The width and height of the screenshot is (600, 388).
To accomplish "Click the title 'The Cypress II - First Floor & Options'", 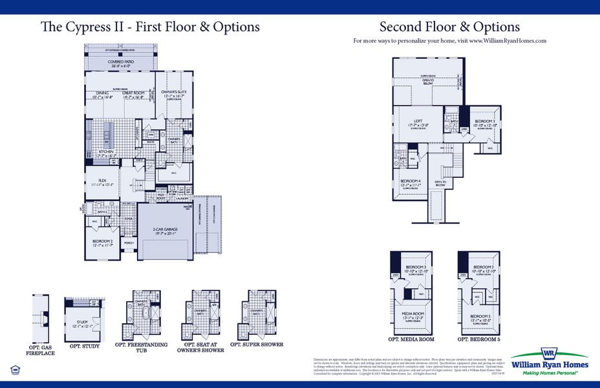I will (x=150, y=27).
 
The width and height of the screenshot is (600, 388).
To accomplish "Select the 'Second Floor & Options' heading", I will (x=449, y=27).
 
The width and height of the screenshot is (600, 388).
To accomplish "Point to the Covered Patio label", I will (x=119, y=63).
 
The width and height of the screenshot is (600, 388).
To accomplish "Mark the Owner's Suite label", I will (x=173, y=94).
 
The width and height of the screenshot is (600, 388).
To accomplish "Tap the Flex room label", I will (x=102, y=181).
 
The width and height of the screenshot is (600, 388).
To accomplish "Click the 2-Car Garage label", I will (x=165, y=230).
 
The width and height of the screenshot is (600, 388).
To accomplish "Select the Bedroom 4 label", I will (x=410, y=182).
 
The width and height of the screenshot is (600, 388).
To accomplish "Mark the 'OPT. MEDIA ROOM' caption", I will (x=411, y=339).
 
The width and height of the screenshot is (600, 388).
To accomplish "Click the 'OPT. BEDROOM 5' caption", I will (x=479, y=339).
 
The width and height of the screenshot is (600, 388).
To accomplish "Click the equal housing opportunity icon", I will (x=15, y=369).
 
